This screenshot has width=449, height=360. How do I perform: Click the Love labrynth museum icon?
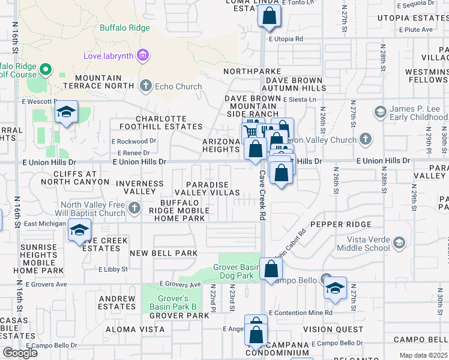142,56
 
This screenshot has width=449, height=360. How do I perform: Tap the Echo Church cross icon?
145,86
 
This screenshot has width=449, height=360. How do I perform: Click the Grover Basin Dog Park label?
237,271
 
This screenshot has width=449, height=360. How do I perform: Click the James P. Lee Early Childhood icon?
379,112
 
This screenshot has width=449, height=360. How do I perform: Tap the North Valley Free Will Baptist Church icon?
134,209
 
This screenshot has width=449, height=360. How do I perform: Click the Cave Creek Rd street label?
262,195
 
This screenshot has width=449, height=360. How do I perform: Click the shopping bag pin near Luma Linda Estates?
269,16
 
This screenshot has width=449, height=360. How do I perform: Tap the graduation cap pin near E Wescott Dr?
67,112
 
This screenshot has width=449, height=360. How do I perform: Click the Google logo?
20,352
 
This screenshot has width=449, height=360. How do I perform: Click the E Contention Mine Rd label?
300,313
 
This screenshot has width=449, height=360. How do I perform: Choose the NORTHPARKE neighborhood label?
252,71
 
